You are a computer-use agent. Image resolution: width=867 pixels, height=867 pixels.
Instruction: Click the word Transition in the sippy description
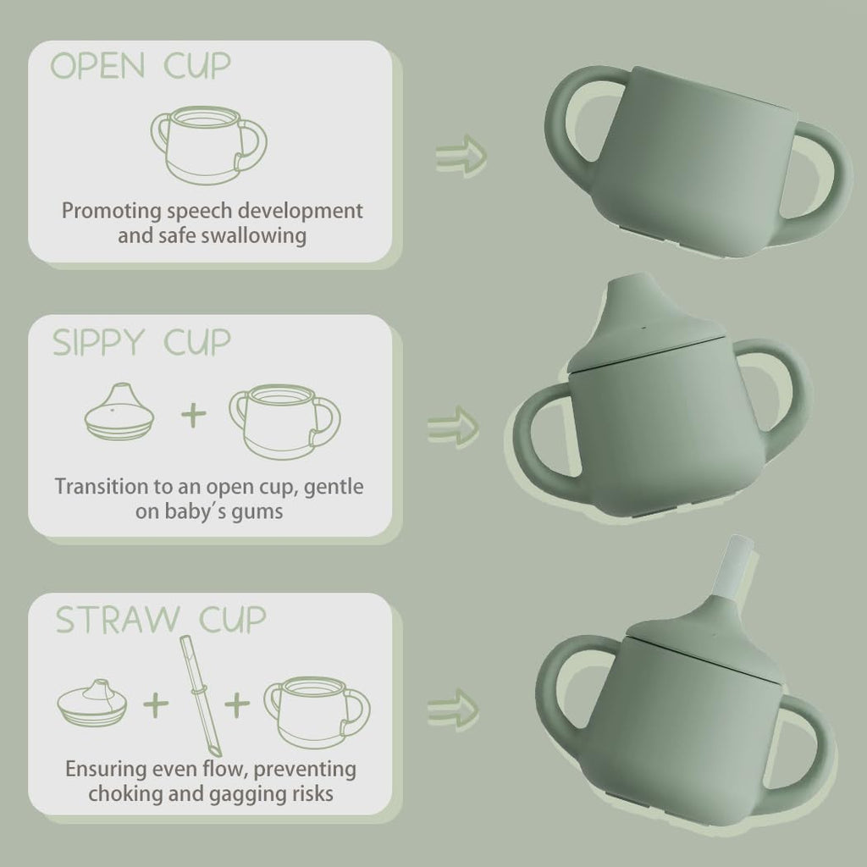point(100,487)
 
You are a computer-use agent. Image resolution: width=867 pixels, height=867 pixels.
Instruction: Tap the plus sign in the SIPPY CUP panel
point(195,416)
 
